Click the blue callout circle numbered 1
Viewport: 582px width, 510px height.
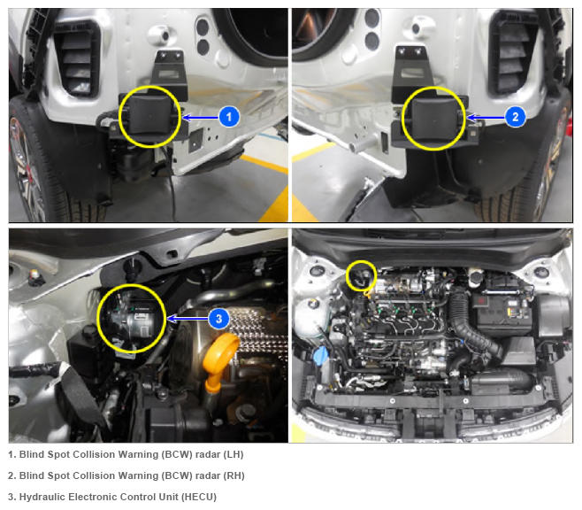[229, 117]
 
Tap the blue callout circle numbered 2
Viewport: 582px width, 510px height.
[515, 117]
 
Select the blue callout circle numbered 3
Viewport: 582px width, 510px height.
[218, 319]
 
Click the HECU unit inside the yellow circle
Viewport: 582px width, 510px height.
[132, 320]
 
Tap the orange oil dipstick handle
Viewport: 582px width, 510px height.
[222, 356]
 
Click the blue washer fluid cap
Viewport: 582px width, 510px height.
[321, 356]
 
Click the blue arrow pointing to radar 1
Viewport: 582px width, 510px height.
[201, 118]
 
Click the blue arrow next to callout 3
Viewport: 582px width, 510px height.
[188, 319]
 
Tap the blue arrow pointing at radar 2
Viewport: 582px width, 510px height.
[486, 118]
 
